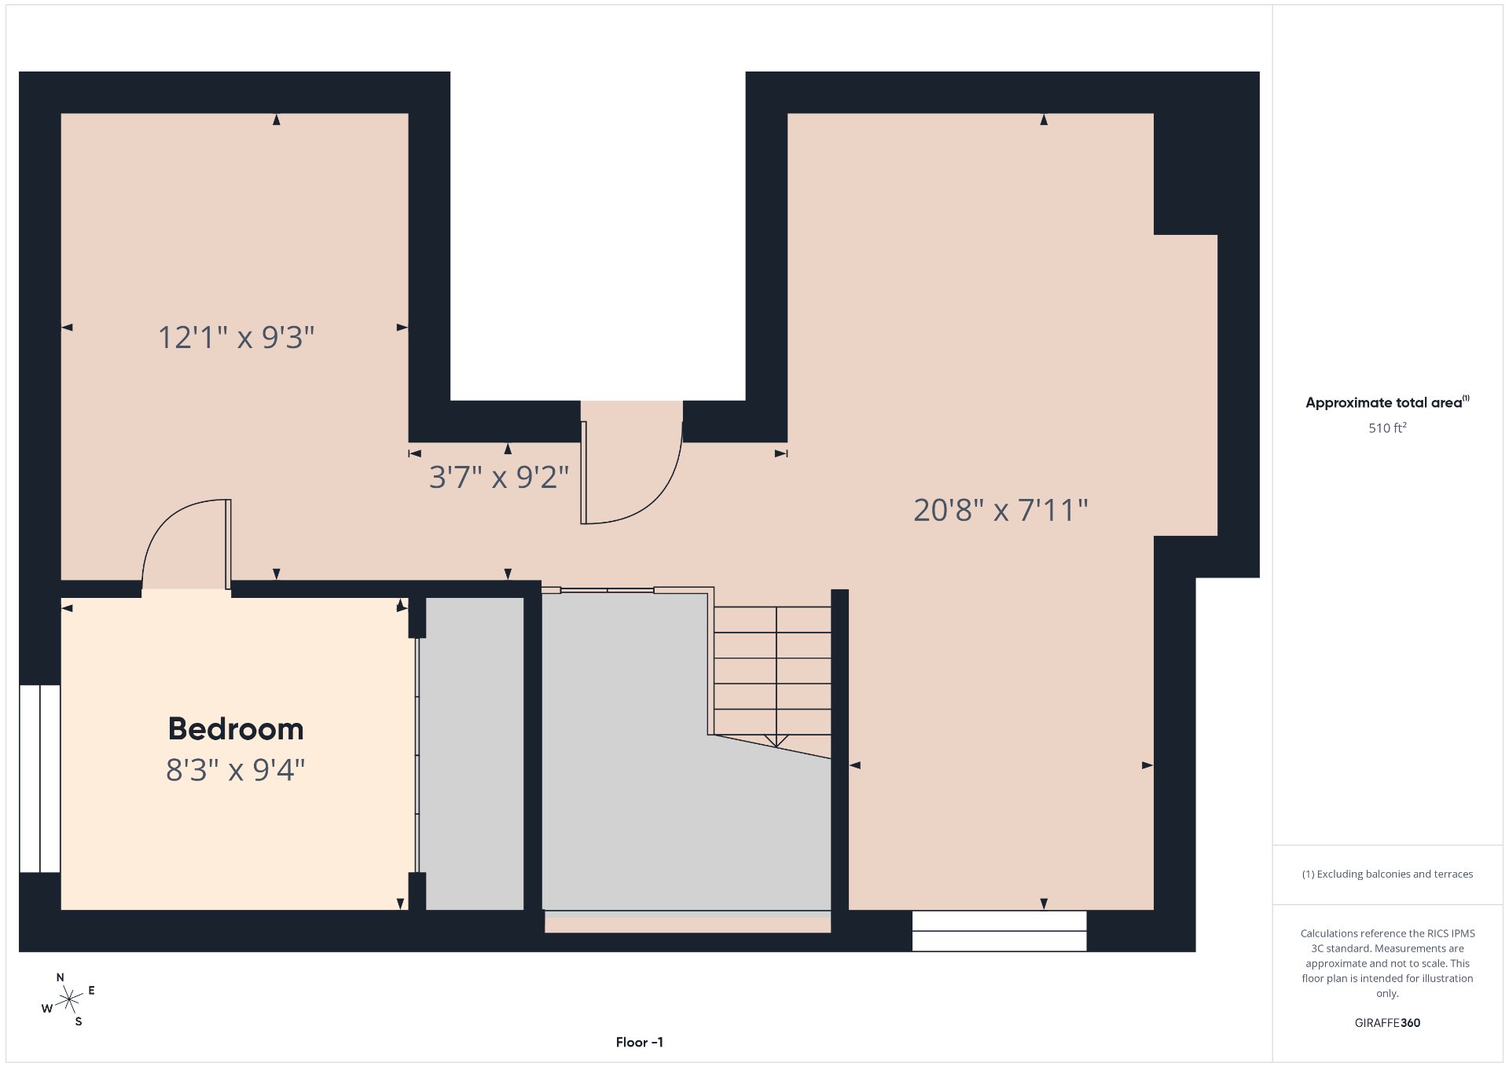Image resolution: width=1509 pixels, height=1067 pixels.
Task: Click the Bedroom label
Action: [236, 729]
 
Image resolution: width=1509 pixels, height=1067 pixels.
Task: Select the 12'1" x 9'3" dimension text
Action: [237, 338]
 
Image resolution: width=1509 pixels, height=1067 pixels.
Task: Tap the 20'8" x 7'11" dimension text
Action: [1000, 511]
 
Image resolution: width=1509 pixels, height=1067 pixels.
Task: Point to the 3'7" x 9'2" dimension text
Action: [499, 477]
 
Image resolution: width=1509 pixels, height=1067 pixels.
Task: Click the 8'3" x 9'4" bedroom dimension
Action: [236, 770]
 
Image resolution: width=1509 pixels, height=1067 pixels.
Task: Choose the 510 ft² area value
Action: [1387, 428]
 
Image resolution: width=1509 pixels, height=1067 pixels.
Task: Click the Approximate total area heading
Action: [1387, 402]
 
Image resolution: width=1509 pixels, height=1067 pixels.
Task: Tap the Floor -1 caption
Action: [640, 1042]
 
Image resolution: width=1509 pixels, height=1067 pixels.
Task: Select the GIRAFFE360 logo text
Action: [1387, 1023]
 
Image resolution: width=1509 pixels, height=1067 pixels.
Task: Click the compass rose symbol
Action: [69, 999]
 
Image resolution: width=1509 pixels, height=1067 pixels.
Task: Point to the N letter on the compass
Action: [61, 977]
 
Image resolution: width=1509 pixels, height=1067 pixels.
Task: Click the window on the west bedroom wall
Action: [40, 779]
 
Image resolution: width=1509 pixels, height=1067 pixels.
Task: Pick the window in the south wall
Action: [1000, 931]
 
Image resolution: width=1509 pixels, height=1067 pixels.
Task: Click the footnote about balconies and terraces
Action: [1387, 874]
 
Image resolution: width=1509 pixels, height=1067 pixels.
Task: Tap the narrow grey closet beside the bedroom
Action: [475, 754]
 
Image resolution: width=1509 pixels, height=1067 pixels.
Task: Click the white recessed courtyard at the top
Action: [598, 236]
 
